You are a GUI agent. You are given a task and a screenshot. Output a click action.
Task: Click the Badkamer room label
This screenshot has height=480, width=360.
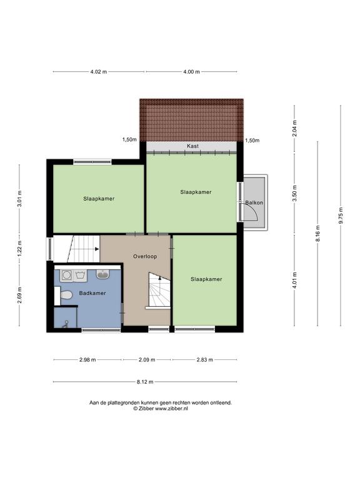[x=92, y=293]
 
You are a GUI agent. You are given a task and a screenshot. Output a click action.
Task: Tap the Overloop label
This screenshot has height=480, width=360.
[x=145, y=256]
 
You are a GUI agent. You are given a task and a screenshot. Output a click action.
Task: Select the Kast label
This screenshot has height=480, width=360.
[x=192, y=146]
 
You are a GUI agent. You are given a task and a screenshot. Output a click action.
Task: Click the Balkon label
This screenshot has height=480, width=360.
[x=254, y=202]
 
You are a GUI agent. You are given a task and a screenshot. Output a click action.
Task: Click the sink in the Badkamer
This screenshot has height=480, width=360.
[x=103, y=274]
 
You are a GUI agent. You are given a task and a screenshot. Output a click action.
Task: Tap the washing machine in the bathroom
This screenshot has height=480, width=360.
[x=66, y=274]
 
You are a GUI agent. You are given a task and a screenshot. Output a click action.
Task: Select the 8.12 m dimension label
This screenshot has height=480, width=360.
[x=145, y=382]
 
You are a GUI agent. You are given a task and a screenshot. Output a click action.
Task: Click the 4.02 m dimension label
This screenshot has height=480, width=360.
[x=99, y=72]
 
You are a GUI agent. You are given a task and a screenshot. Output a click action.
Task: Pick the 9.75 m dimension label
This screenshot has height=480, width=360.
[x=341, y=216]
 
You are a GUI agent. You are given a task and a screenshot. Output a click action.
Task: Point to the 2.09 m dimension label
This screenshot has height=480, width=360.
[x=147, y=360]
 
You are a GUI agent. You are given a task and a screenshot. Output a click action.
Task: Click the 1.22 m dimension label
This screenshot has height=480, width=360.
[x=19, y=248]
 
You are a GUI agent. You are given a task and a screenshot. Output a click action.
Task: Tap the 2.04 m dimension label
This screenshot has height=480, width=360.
[x=294, y=129]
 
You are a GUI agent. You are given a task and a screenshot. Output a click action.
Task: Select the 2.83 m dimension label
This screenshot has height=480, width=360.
[x=204, y=360]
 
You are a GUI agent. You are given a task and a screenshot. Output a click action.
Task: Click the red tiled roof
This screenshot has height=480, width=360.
[x=192, y=120]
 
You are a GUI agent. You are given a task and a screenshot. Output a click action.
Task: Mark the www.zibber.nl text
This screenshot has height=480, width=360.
[x=171, y=408]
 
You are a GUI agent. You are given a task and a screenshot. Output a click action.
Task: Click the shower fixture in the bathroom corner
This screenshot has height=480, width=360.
[x=66, y=324]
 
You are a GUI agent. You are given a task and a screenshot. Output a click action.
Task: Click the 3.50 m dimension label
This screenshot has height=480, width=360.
[x=294, y=193]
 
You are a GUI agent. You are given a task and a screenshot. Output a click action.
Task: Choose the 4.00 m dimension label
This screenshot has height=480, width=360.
[x=191, y=72]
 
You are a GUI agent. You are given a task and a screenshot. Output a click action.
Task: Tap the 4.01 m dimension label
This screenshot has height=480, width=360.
[x=294, y=280]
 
